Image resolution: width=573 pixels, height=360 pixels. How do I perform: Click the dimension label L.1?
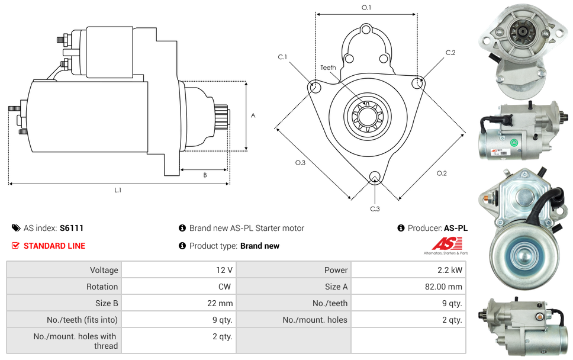coord(118,190)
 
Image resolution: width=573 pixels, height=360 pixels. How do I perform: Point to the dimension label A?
coord(253,115)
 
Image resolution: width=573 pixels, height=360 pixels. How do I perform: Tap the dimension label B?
coord(205,175)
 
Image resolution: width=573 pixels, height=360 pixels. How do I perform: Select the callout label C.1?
coord(282,57)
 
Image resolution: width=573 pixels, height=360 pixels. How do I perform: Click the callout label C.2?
coord(450,53)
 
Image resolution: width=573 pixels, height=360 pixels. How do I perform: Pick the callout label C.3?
coord(375,208)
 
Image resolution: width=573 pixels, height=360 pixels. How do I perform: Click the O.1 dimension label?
coord(366,8)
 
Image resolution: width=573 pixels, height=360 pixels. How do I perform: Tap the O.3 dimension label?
coord(300,163)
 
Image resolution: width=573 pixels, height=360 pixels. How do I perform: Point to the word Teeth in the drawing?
coord(328,67)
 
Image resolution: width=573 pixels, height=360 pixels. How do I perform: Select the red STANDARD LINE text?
coord(54,246)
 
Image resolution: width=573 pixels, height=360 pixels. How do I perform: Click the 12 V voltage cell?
coord(224,270)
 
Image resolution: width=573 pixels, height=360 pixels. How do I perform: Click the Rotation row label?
coord(102,287)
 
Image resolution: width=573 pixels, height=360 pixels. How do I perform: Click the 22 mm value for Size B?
coord(221,303)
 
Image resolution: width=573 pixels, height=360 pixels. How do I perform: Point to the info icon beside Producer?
coord(401,228)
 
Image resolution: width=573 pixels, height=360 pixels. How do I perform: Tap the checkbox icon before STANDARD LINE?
coord(16,246)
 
